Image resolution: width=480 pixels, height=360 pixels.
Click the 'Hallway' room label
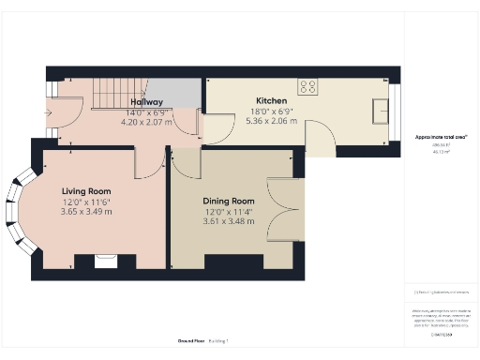click(147, 101)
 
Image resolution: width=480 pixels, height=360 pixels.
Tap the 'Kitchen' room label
click(272, 101)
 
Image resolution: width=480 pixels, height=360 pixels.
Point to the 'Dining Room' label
click(229, 201)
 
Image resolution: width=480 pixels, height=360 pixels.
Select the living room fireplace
click(105, 262)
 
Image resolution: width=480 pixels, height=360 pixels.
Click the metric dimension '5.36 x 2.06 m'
click(272, 121)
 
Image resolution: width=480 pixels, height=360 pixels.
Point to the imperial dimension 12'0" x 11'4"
click(229, 211)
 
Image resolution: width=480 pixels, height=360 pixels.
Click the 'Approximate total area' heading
click(441, 138)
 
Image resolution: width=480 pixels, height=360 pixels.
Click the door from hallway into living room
click(146, 165)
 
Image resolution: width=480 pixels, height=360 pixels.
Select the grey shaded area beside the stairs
click(186, 92)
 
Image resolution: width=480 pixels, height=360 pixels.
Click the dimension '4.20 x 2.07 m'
click(147, 121)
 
